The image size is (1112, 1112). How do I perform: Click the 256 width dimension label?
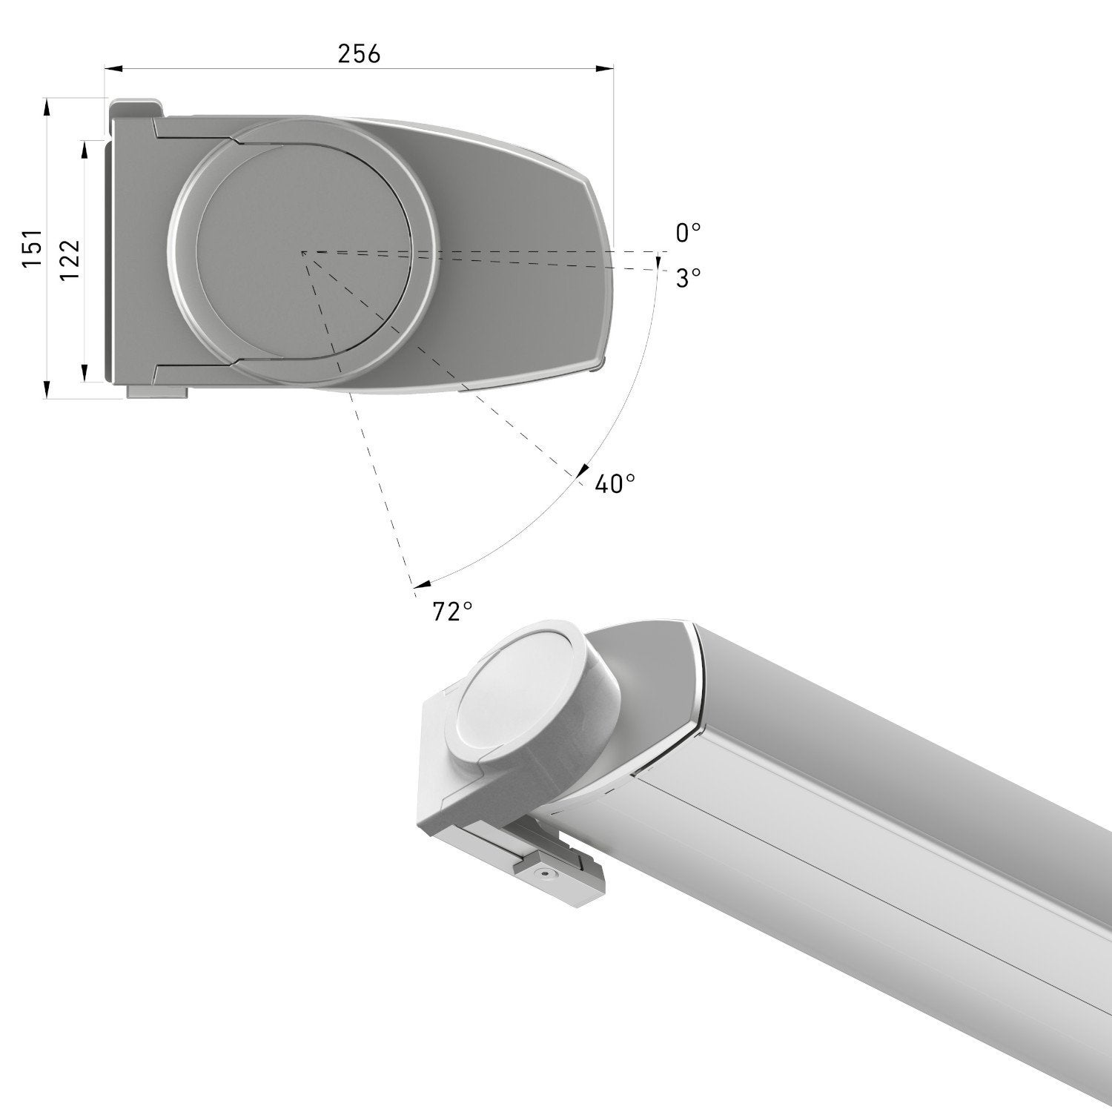pyautogui.click(x=359, y=53)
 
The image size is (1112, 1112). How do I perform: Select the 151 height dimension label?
pyautogui.click(x=32, y=248)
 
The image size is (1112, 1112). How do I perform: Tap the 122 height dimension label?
pyautogui.click(x=70, y=259)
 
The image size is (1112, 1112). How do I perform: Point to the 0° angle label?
pyautogui.click(x=687, y=234)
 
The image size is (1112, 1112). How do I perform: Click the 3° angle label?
pyautogui.click(x=687, y=278)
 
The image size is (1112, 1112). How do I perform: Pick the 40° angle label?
pyautogui.click(x=615, y=484)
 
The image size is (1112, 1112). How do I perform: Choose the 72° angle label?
pyautogui.click(x=452, y=612)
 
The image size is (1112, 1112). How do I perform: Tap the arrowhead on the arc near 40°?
pyautogui.click(x=581, y=472)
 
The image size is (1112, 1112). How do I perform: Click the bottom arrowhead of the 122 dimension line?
pyautogui.click(x=85, y=373)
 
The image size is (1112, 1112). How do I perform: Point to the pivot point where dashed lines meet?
pyautogui.click(x=302, y=253)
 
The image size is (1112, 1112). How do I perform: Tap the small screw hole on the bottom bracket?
pyautogui.click(x=546, y=875)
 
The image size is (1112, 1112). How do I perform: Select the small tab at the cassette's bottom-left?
pyautogui.click(x=157, y=392)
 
